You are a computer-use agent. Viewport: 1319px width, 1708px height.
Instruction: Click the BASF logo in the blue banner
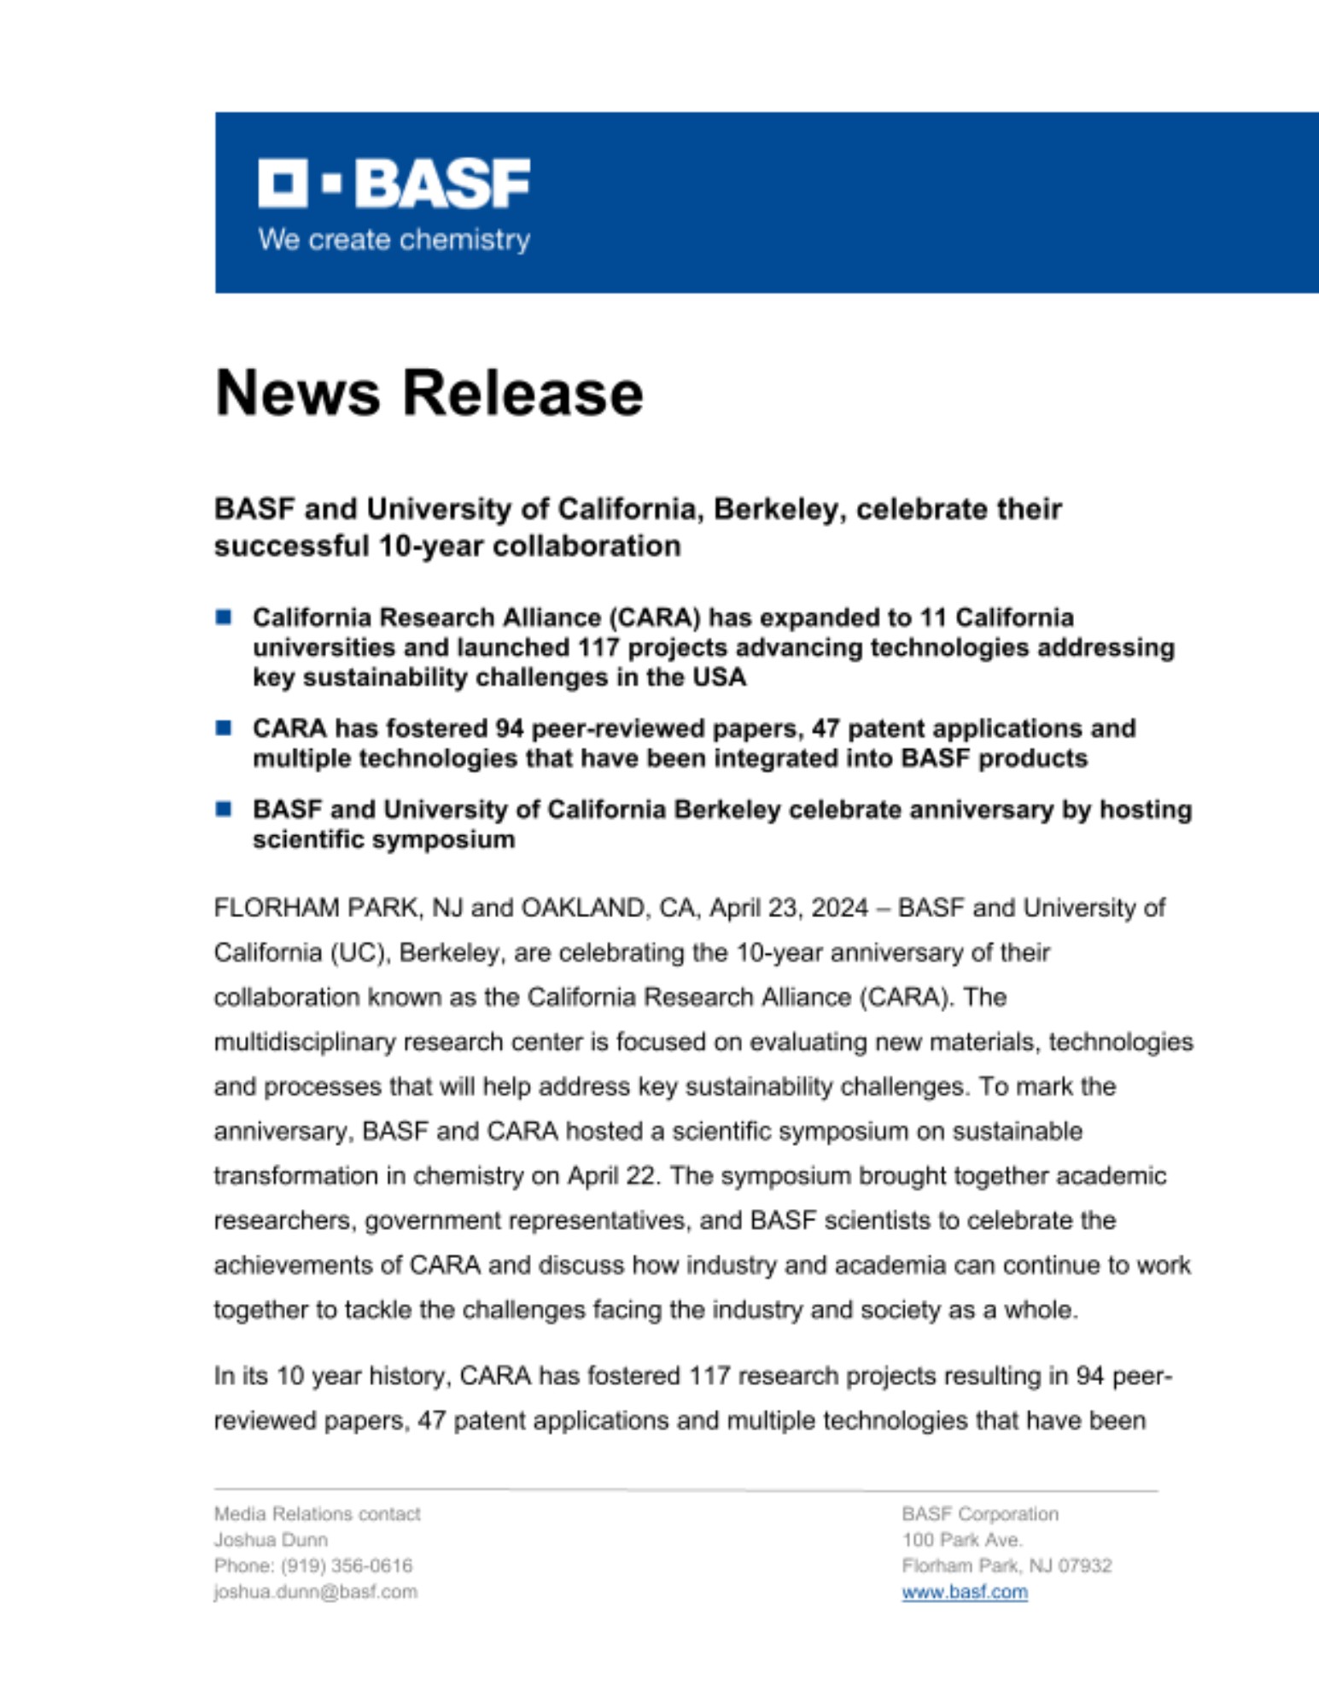point(394,183)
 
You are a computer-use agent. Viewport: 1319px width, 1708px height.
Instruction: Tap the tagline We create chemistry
point(394,240)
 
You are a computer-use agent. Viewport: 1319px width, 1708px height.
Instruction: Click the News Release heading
point(429,393)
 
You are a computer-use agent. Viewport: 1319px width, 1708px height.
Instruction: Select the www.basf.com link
point(964,1592)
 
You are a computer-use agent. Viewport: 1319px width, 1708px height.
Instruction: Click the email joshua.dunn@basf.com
point(315,1592)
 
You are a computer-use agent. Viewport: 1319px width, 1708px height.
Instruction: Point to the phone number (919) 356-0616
point(346,1565)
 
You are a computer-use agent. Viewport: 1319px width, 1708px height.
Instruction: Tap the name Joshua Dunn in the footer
point(271,1540)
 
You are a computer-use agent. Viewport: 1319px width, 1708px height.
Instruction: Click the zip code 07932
point(1085,1565)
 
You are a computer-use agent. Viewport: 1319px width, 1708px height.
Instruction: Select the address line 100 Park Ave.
point(961,1540)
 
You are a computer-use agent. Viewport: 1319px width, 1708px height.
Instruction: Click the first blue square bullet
point(224,617)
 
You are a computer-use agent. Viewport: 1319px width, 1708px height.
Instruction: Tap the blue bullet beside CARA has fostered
point(224,728)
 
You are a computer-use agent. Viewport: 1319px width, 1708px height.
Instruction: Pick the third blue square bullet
point(224,809)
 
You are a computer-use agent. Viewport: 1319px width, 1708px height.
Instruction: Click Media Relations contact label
point(317,1514)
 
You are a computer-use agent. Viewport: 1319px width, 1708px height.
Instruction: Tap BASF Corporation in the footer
point(979,1514)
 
